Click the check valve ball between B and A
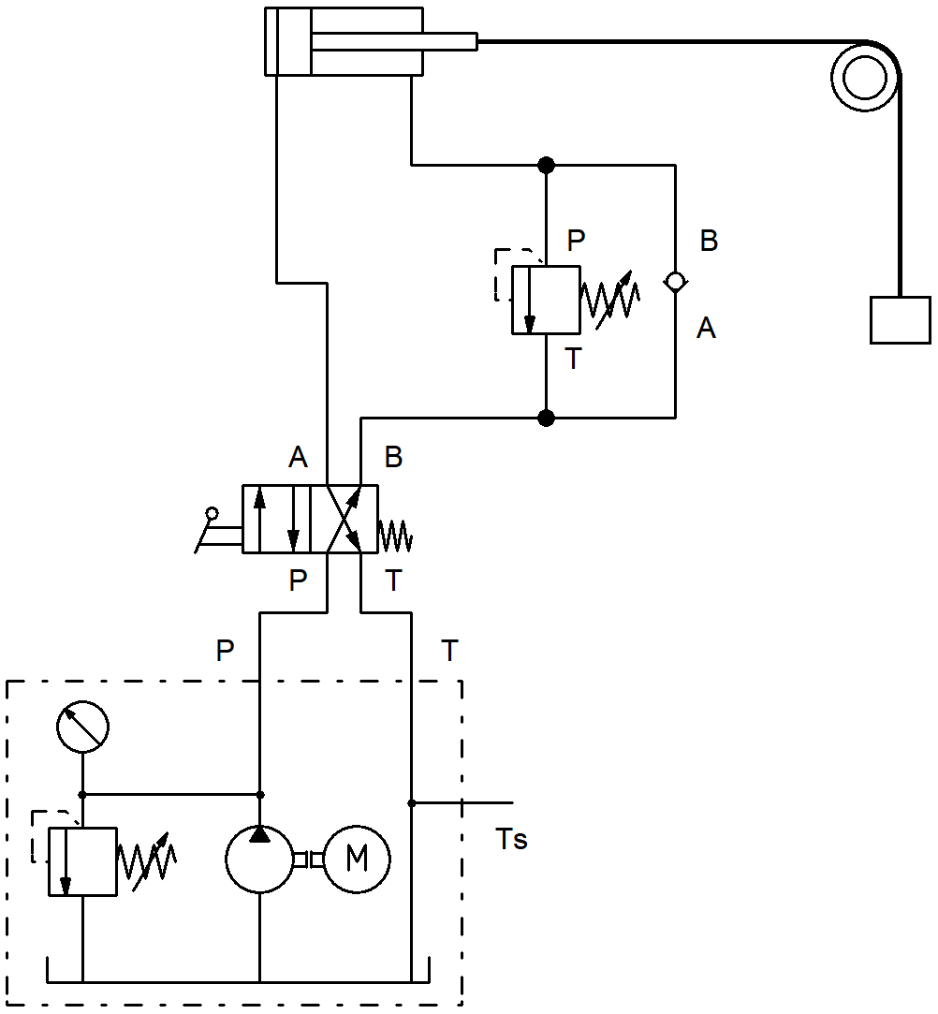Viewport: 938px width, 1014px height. coord(676,282)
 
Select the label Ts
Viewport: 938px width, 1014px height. coord(511,840)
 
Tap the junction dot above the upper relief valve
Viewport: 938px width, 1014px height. coord(547,165)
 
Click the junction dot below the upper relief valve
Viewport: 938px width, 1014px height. coord(547,418)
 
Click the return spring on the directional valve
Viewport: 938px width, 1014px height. coord(395,536)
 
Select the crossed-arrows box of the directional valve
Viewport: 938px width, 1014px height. coord(344,520)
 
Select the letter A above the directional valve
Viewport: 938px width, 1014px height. coord(298,457)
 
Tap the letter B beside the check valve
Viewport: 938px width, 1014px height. coord(710,241)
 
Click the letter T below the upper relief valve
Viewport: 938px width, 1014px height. coord(574,359)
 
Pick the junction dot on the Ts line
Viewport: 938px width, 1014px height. coord(412,803)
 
